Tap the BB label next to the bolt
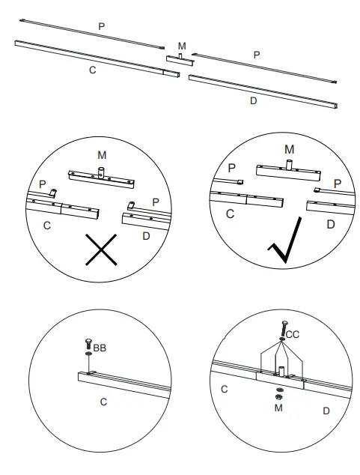coord(100,348)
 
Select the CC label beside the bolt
coord(293,335)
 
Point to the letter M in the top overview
coord(182,46)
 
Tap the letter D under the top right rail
coord(253,100)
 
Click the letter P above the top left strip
coord(101,26)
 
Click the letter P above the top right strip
coord(257,55)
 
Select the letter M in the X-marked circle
coord(102,154)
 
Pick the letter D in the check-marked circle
coord(330,224)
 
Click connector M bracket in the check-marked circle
coord(288,170)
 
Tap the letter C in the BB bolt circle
coord(103,402)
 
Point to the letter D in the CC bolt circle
coord(326,411)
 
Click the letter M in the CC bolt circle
coord(278,408)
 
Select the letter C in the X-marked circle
coord(47,225)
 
